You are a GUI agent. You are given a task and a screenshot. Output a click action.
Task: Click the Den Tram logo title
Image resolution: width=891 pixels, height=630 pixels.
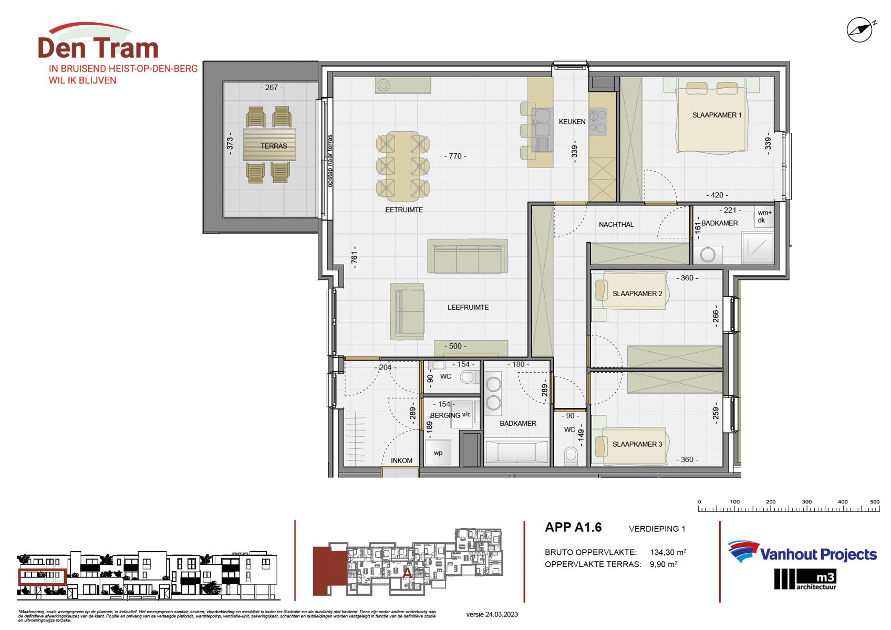[x=98, y=48]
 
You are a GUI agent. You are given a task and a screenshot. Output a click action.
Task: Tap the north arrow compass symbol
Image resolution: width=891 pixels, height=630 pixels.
[x=860, y=30]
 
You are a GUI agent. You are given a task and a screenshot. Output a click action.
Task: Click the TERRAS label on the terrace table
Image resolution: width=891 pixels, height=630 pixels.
[x=274, y=146]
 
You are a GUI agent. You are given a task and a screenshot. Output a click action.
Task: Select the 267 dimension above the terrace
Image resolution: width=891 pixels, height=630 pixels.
[x=272, y=88]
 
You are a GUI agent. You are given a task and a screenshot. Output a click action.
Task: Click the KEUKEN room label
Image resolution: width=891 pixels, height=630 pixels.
[x=572, y=121]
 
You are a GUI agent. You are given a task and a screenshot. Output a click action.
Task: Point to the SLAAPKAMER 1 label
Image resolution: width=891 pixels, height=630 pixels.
[x=717, y=115]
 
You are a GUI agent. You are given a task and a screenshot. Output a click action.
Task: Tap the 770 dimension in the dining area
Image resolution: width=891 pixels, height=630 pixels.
[x=455, y=156]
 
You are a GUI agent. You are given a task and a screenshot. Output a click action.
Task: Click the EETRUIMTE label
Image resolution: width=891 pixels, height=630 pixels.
[x=404, y=209]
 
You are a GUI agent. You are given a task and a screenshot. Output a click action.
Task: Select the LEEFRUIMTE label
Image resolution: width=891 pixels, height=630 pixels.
[x=468, y=307]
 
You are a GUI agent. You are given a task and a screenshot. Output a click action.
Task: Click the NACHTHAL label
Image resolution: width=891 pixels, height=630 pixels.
[x=616, y=224]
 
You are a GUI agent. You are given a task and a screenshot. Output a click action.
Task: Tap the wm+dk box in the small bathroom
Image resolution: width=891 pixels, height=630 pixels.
[x=764, y=216]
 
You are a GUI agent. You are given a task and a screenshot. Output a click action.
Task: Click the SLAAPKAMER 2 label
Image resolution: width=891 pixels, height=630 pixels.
[x=637, y=293]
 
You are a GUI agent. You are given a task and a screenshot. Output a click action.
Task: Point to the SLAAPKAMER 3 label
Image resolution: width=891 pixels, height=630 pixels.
[x=637, y=444]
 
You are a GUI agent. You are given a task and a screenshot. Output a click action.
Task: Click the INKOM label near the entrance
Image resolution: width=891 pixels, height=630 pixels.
[x=401, y=460]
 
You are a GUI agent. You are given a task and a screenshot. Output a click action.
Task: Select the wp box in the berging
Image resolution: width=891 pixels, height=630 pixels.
[x=438, y=453]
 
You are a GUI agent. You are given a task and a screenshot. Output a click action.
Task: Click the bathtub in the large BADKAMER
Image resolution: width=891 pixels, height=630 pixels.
[x=517, y=452]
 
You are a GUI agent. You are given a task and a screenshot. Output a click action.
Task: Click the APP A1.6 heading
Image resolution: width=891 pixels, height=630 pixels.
[x=573, y=527]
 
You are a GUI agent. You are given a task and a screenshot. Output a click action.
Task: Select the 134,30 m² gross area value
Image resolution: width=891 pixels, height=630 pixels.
[x=668, y=552]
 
